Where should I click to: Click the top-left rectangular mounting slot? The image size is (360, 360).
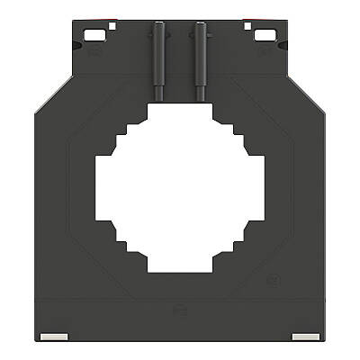tap(94, 35)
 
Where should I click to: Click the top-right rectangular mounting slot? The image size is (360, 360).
tap(265, 35)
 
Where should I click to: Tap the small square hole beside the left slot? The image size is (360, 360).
tap(111, 26)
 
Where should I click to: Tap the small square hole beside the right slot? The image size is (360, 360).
tap(248, 26)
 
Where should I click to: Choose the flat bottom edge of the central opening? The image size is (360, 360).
tap(180, 272)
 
